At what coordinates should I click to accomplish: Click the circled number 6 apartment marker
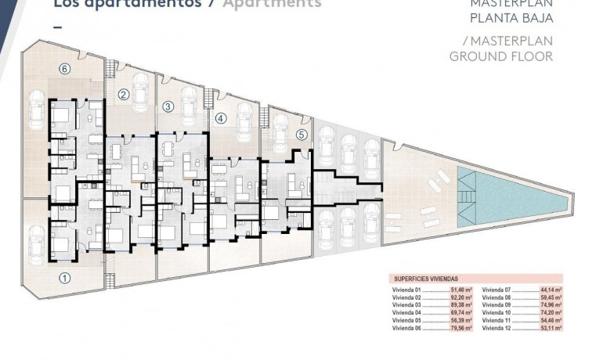coord(65,68)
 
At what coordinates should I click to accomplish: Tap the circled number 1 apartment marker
coord(65,277)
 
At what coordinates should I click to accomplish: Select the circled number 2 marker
coord(123,95)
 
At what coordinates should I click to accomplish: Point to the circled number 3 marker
coord(167,106)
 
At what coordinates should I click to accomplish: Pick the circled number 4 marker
coord(221,119)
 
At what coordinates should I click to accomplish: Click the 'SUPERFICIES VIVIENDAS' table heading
coord(425,278)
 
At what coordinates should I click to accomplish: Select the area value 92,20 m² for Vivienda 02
coord(460,297)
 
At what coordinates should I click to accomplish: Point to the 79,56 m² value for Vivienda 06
coord(460,329)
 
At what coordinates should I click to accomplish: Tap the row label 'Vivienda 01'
coord(406,290)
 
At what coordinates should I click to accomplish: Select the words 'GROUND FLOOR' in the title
coord(501,56)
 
